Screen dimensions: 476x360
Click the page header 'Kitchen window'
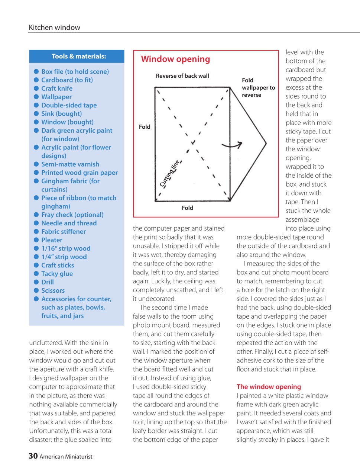(x=55, y=28)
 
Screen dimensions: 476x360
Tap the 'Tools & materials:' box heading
(x=79, y=57)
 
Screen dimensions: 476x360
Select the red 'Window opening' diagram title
(x=175, y=59)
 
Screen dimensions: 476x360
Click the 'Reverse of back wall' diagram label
(x=182, y=76)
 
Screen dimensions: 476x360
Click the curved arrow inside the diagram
(x=233, y=145)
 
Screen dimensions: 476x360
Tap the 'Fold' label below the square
(x=188, y=208)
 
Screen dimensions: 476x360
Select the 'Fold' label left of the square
(x=145, y=127)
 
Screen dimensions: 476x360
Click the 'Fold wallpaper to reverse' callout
(x=258, y=88)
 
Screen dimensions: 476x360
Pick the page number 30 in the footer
(x=33, y=456)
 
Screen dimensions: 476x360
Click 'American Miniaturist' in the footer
(x=66, y=457)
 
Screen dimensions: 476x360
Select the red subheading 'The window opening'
(x=269, y=387)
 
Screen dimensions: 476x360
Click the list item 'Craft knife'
(x=57, y=89)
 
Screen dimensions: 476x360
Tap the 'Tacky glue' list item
(x=57, y=274)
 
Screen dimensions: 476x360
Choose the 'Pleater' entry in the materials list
(x=52, y=240)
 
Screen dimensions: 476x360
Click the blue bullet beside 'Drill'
(x=36, y=282)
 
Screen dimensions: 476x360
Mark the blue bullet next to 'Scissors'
(x=36, y=290)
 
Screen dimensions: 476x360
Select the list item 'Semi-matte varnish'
(x=70, y=164)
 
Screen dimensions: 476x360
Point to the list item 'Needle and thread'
(x=69, y=223)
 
